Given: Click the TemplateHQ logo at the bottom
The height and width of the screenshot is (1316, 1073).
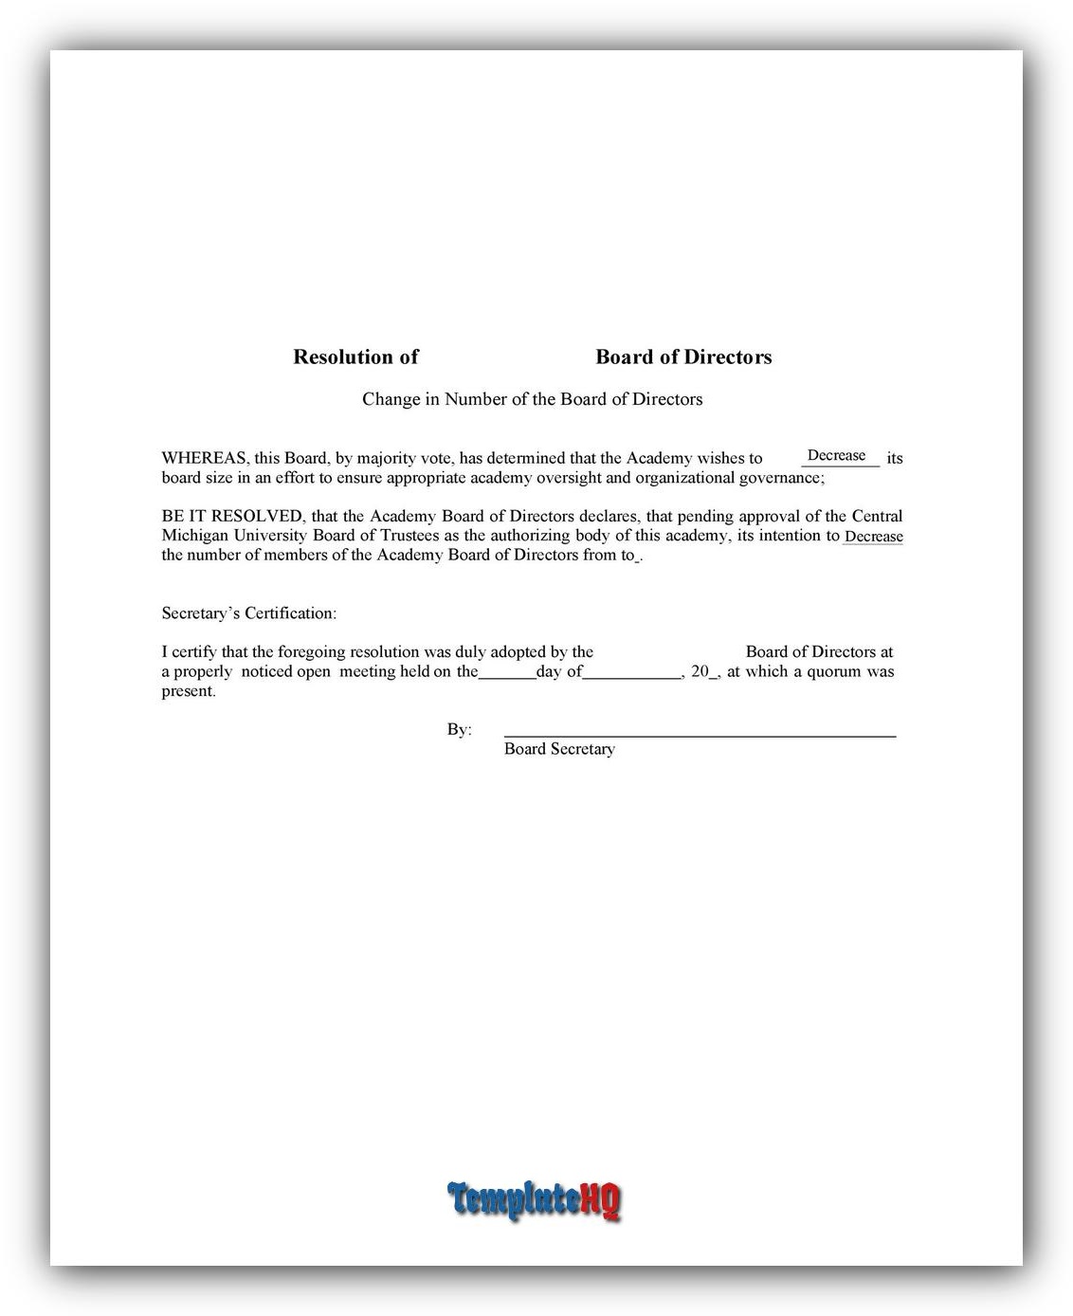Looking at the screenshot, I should click(x=535, y=1200).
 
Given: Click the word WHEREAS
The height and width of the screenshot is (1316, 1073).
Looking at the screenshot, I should click(x=204, y=459).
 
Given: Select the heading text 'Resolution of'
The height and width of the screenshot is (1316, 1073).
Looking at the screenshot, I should click(x=355, y=357).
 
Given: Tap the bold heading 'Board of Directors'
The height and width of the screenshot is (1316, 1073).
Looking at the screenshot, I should click(x=683, y=357).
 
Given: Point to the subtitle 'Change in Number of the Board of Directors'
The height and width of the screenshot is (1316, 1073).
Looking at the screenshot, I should click(x=532, y=399).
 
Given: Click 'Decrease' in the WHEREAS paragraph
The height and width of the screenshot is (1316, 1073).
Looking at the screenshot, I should click(x=836, y=456).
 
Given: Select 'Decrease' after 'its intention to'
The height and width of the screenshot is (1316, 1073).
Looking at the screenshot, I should click(x=873, y=537).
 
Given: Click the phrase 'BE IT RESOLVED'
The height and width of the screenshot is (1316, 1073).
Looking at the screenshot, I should click(x=231, y=517).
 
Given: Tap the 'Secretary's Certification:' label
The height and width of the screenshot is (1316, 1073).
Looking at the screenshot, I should click(x=248, y=613).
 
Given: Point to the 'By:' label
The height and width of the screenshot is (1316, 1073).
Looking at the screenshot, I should click(x=459, y=729).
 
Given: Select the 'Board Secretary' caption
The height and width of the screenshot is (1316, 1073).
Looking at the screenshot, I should click(x=559, y=749).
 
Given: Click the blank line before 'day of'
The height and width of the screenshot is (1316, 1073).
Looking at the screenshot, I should click(x=507, y=673).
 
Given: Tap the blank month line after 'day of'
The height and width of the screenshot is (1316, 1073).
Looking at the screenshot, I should click(x=631, y=673).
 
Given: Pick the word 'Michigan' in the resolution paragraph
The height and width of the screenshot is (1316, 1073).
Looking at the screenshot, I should click(x=194, y=536).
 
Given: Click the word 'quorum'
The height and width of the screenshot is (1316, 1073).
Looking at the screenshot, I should click(x=833, y=671).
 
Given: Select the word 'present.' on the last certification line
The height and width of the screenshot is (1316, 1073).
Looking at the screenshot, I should click(x=189, y=691).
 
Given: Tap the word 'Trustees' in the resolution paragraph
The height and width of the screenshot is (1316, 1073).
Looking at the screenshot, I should click(x=408, y=536).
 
